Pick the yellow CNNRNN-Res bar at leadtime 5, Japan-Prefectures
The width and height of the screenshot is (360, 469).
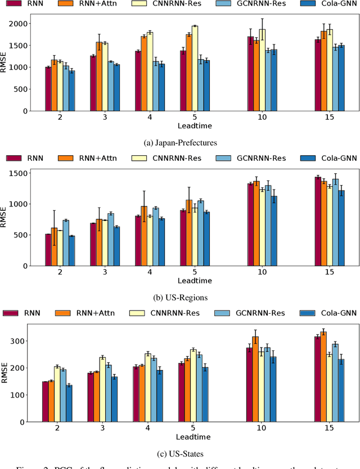point(195,68)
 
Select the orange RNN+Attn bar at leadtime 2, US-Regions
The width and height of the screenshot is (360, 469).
point(55,246)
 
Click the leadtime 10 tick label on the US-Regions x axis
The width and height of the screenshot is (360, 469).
point(262,272)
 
